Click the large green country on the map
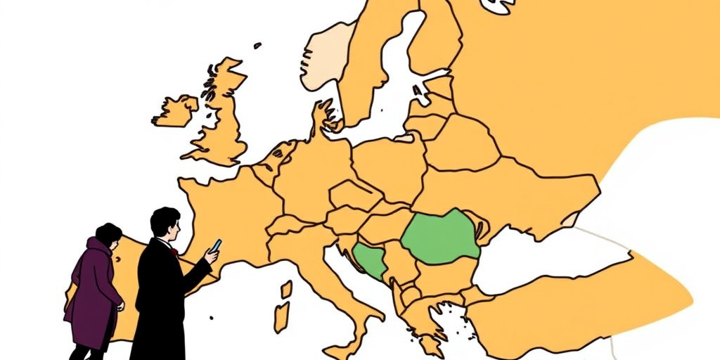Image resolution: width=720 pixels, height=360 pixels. tap(441, 237)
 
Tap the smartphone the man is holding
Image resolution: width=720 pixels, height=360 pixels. tap(217, 245)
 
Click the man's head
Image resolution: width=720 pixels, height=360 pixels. tap(166, 223)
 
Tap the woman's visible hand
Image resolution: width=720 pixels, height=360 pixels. tap(120, 307)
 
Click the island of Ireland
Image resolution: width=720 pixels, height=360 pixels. tap(175, 111)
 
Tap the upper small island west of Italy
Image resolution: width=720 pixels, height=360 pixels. tap(286, 289)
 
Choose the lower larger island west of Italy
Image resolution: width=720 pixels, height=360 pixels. tap(281, 317)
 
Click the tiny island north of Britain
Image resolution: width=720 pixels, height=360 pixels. tap(257, 46)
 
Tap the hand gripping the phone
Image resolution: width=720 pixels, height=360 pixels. tap(211, 255)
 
